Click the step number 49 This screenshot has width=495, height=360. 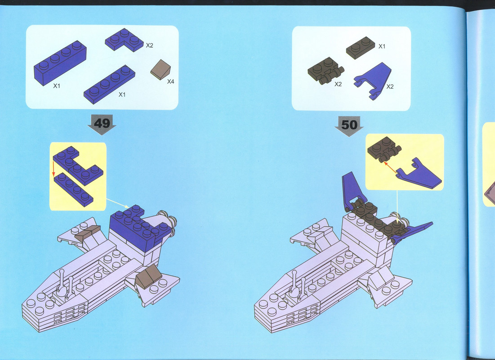pyautogui.click(x=102, y=123)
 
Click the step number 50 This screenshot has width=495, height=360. pyautogui.click(x=349, y=125)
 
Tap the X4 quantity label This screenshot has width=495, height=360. pyautogui.click(x=170, y=81)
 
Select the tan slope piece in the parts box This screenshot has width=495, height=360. pyautogui.click(x=161, y=69)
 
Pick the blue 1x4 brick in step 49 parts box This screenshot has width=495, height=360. pyautogui.click(x=60, y=63)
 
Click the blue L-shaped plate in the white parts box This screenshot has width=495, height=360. pyautogui.click(x=124, y=40)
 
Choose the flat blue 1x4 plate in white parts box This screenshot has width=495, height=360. pyautogui.click(x=109, y=85)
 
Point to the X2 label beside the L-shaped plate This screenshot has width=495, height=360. pyautogui.click(x=149, y=45)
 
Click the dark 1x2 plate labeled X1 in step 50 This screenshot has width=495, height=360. pyautogui.click(x=360, y=47)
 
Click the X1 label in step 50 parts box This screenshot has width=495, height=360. pyautogui.click(x=382, y=46)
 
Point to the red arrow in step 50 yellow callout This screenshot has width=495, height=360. pyautogui.click(x=390, y=167)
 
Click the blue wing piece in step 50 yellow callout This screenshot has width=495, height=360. pyautogui.click(x=419, y=174)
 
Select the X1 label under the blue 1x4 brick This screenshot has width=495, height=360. pyautogui.click(x=57, y=85)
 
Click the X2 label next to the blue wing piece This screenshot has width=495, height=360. pyautogui.click(x=390, y=86)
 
